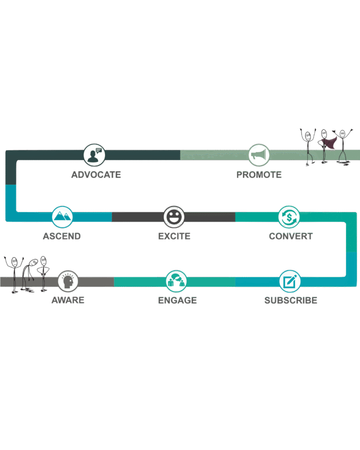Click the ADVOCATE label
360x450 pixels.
(x=96, y=175)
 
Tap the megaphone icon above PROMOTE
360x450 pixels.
(x=259, y=155)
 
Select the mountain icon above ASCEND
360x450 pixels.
(x=62, y=217)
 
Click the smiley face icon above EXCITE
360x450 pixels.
(x=174, y=217)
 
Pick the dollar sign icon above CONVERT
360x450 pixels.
(x=289, y=217)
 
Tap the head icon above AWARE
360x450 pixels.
(x=68, y=281)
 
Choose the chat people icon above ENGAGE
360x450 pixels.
(x=176, y=281)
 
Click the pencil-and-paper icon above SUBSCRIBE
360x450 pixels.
(x=290, y=281)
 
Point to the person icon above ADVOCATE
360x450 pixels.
(x=95, y=155)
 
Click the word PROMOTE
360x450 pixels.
(x=259, y=175)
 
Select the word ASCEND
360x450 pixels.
(x=62, y=236)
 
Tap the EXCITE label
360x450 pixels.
(x=174, y=236)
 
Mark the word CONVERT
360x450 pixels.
(x=291, y=236)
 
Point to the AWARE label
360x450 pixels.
(x=68, y=301)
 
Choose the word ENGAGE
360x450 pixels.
(x=177, y=301)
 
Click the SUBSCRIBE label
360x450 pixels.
(x=291, y=301)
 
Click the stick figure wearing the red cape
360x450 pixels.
(x=325, y=145)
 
